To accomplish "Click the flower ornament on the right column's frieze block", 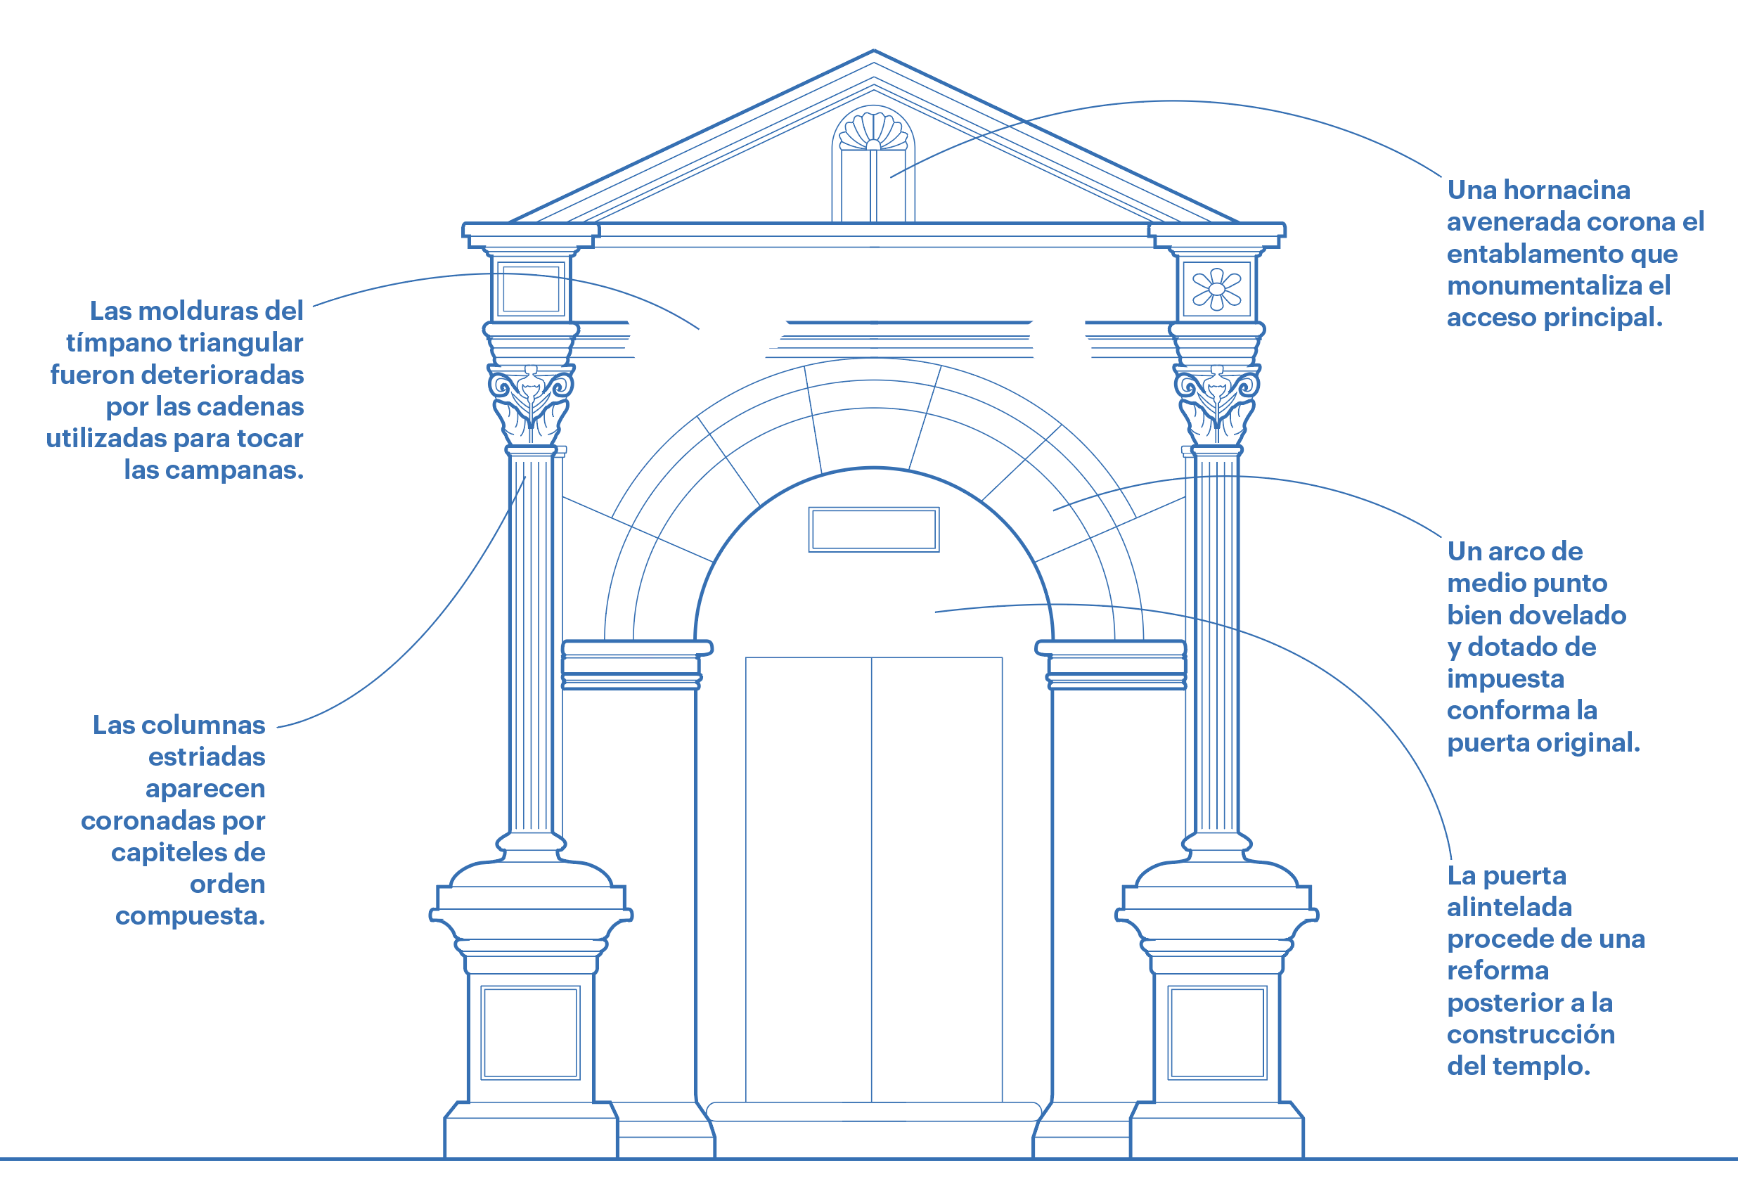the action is [x=1217, y=290].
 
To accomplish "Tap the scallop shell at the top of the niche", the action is [x=873, y=131].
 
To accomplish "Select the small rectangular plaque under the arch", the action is [x=873, y=529].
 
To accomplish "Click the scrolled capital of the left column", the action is [x=531, y=404].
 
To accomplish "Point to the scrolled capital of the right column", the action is [x=1217, y=404].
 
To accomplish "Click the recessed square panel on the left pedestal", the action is [x=531, y=1033].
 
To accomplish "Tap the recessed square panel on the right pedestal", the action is [x=1217, y=1033].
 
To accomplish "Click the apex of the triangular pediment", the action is [x=873, y=51].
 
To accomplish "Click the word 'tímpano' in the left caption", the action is [x=115, y=342].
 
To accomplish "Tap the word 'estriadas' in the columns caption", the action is [x=207, y=757].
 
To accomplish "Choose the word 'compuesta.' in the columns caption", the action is [x=190, y=916].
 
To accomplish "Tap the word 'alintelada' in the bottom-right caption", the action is [x=1510, y=907].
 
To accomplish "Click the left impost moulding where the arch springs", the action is [x=636, y=664].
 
